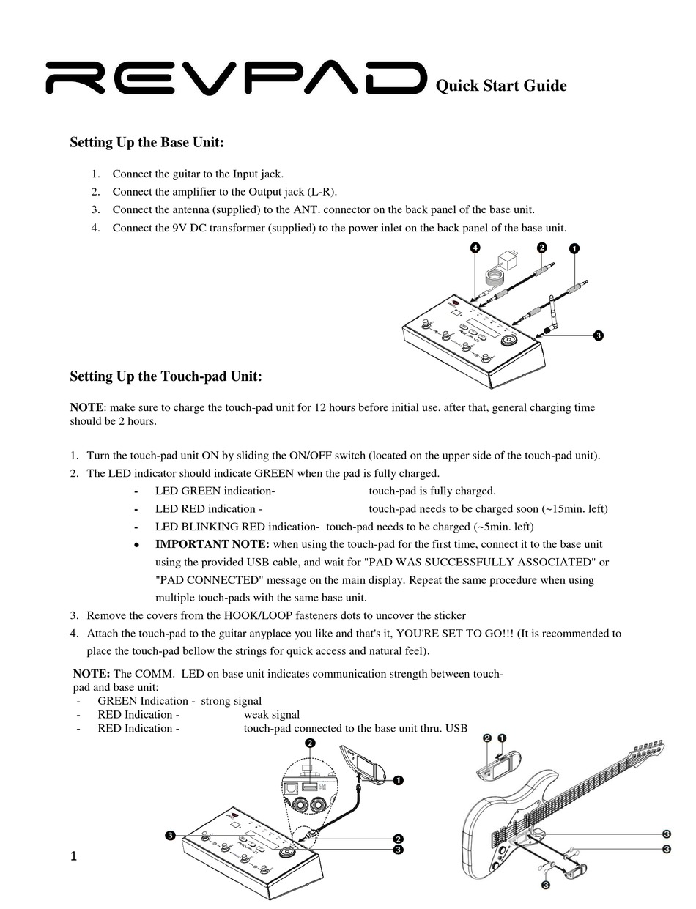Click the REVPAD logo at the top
pyautogui.click(x=236, y=78)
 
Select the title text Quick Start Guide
pyautogui.click(x=501, y=86)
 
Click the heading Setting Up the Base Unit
pyautogui.click(x=147, y=142)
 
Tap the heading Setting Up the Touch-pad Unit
pyautogui.click(x=166, y=376)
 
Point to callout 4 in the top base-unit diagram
pyautogui.click(x=475, y=248)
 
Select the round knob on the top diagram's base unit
pyautogui.click(x=508, y=341)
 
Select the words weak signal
pyautogui.click(x=271, y=714)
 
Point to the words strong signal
pyautogui.click(x=231, y=701)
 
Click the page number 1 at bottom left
pyautogui.click(x=74, y=856)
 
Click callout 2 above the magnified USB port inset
pyautogui.click(x=311, y=743)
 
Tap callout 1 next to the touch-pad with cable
pyautogui.click(x=398, y=780)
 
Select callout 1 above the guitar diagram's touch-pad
pyautogui.click(x=503, y=738)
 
